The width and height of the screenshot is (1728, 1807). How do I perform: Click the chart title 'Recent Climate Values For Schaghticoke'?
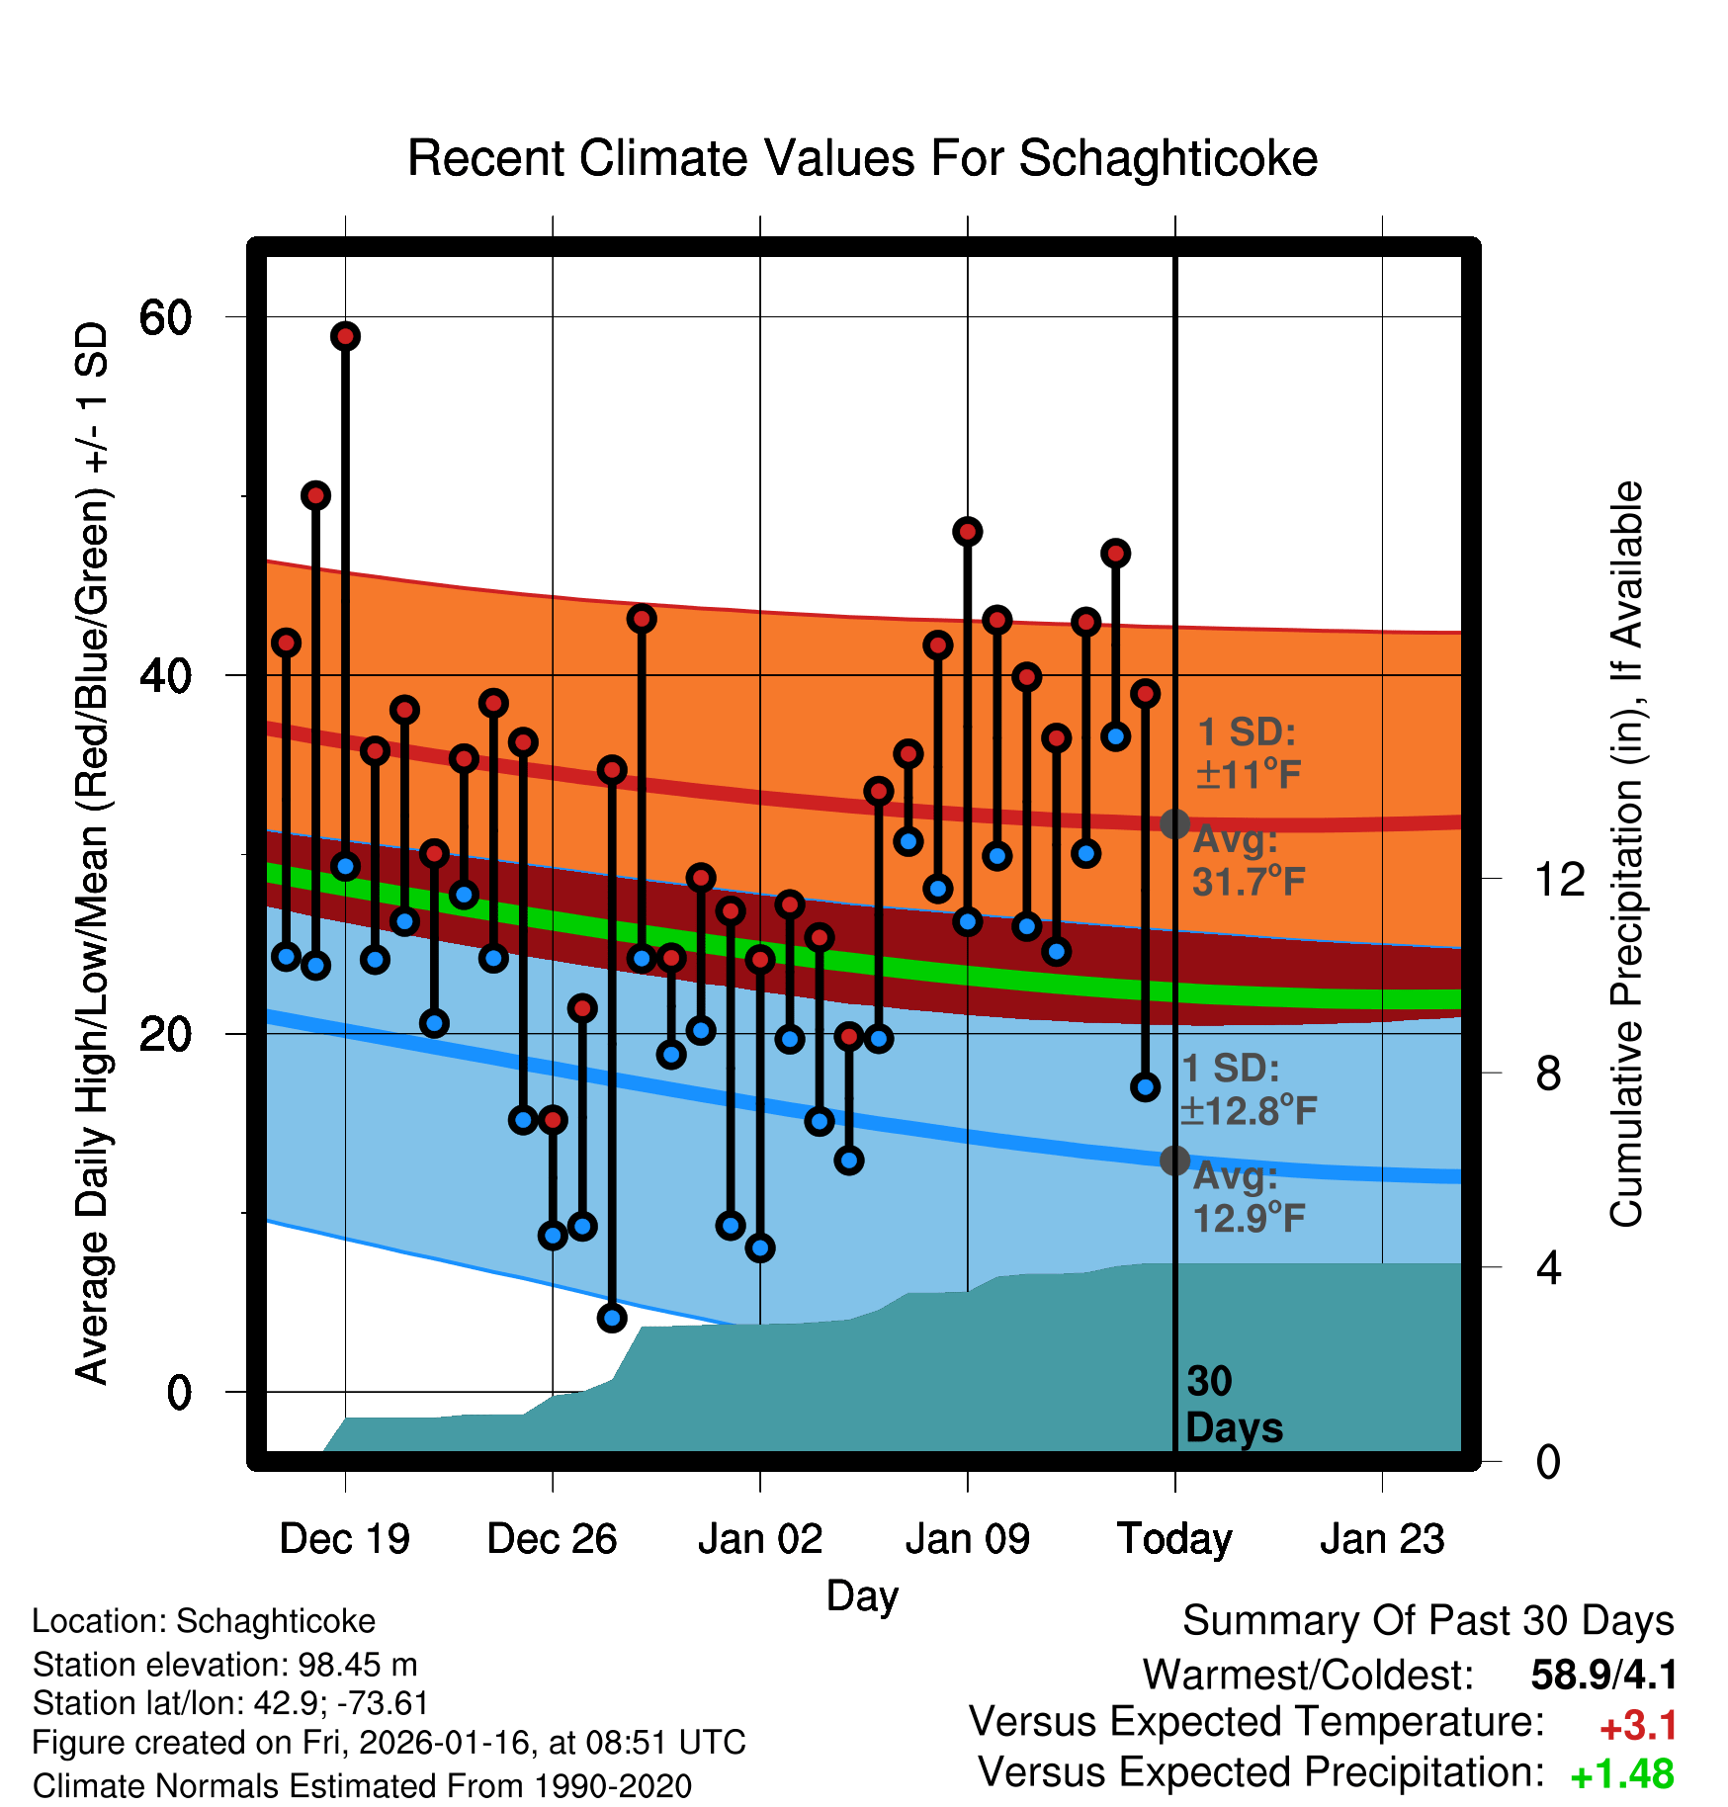pos(862,158)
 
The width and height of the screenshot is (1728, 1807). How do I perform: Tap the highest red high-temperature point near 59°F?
pos(345,336)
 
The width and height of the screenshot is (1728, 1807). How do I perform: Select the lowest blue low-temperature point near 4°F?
pos(612,1318)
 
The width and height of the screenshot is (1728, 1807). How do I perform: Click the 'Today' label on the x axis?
pos(1174,1539)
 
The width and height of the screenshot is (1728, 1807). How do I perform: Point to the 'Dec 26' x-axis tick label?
pos(552,1539)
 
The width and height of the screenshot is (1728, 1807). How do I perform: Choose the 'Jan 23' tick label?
pos(1382,1539)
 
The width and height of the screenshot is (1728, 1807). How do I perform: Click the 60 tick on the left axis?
pos(165,317)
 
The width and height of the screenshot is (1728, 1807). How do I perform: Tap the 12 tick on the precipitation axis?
pos(1559,879)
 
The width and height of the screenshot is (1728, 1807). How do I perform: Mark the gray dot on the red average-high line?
pos(1174,823)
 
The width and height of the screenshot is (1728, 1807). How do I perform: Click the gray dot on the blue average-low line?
pos(1174,1161)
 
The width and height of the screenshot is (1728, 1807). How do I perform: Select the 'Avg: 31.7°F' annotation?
pos(1248,861)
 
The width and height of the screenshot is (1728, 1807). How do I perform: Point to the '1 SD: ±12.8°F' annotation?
pos(1248,1089)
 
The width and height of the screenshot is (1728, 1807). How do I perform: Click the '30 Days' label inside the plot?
pos(1233,1405)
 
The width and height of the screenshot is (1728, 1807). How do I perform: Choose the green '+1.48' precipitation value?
pos(1622,1775)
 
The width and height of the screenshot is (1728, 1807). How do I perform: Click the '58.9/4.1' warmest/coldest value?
pos(1603,1676)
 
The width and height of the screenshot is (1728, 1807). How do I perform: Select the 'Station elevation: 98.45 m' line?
pos(224,1665)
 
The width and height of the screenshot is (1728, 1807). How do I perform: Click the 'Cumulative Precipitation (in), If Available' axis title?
pos(1626,854)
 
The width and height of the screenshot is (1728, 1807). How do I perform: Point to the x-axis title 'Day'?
pos(862,1595)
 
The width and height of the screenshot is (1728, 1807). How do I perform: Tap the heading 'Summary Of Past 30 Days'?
pos(1427,1622)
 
